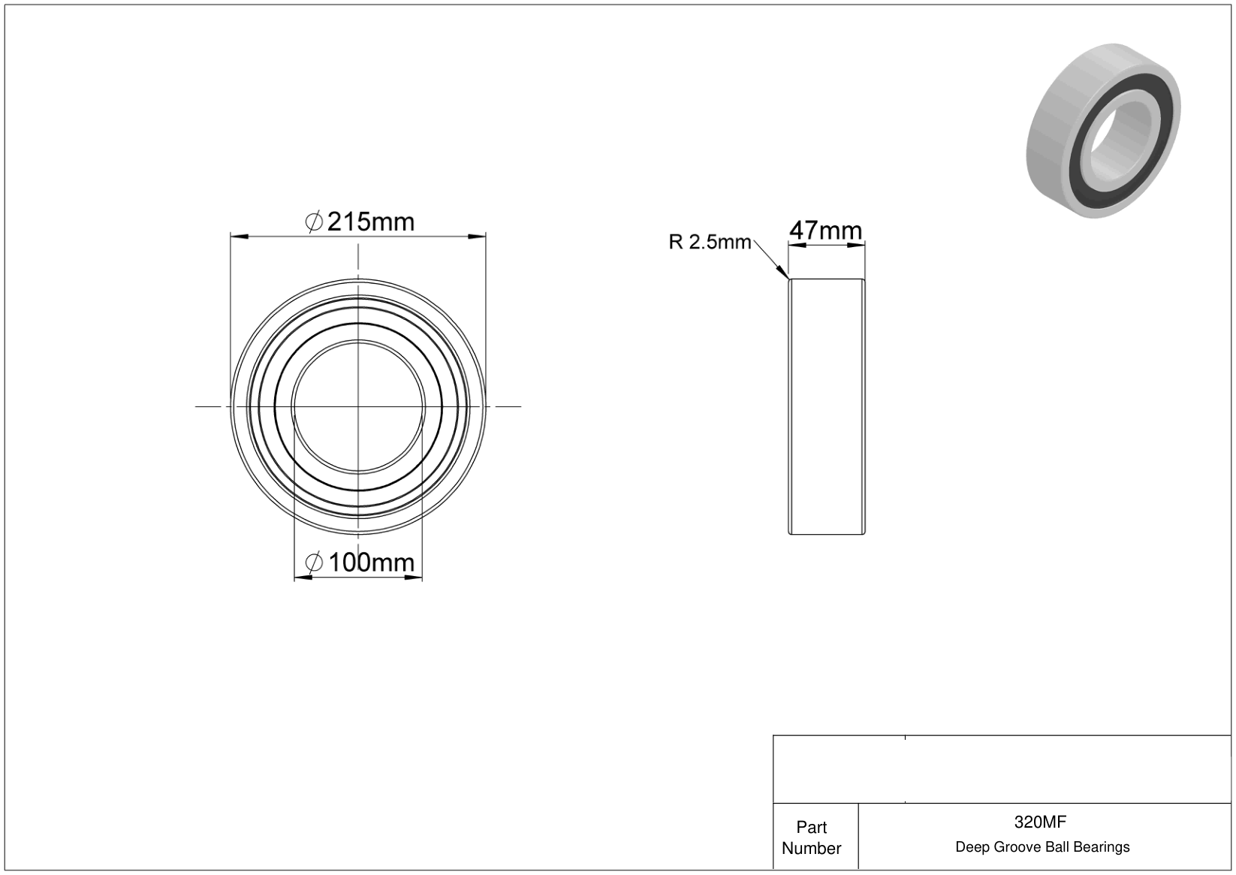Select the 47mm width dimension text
(x=825, y=231)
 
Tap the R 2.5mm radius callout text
(x=710, y=242)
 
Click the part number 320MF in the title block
(x=1040, y=822)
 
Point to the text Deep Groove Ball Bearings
(x=1042, y=847)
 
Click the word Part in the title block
(x=812, y=827)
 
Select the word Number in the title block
(x=812, y=848)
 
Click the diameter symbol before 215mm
(x=313, y=222)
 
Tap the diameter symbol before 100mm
(x=313, y=563)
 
